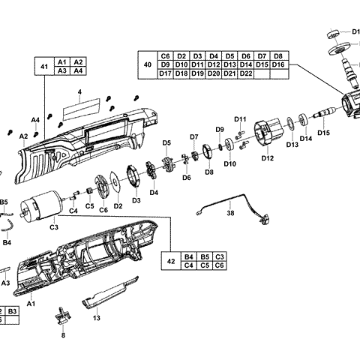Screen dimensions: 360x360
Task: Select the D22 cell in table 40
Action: click(248, 74)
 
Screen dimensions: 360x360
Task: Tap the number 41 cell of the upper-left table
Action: click(43, 66)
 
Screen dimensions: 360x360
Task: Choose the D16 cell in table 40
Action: click(278, 65)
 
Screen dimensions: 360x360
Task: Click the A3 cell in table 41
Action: click(62, 70)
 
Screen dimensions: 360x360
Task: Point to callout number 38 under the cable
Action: click(230, 213)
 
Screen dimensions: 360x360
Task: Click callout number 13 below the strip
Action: click(96, 318)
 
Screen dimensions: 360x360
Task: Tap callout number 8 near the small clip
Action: click(63, 335)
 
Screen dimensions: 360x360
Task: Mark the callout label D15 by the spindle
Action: click(323, 133)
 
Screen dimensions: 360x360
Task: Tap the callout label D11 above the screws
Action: click(240, 119)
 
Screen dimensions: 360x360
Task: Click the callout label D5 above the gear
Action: click(166, 142)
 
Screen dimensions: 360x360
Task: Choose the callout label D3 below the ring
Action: click(136, 200)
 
